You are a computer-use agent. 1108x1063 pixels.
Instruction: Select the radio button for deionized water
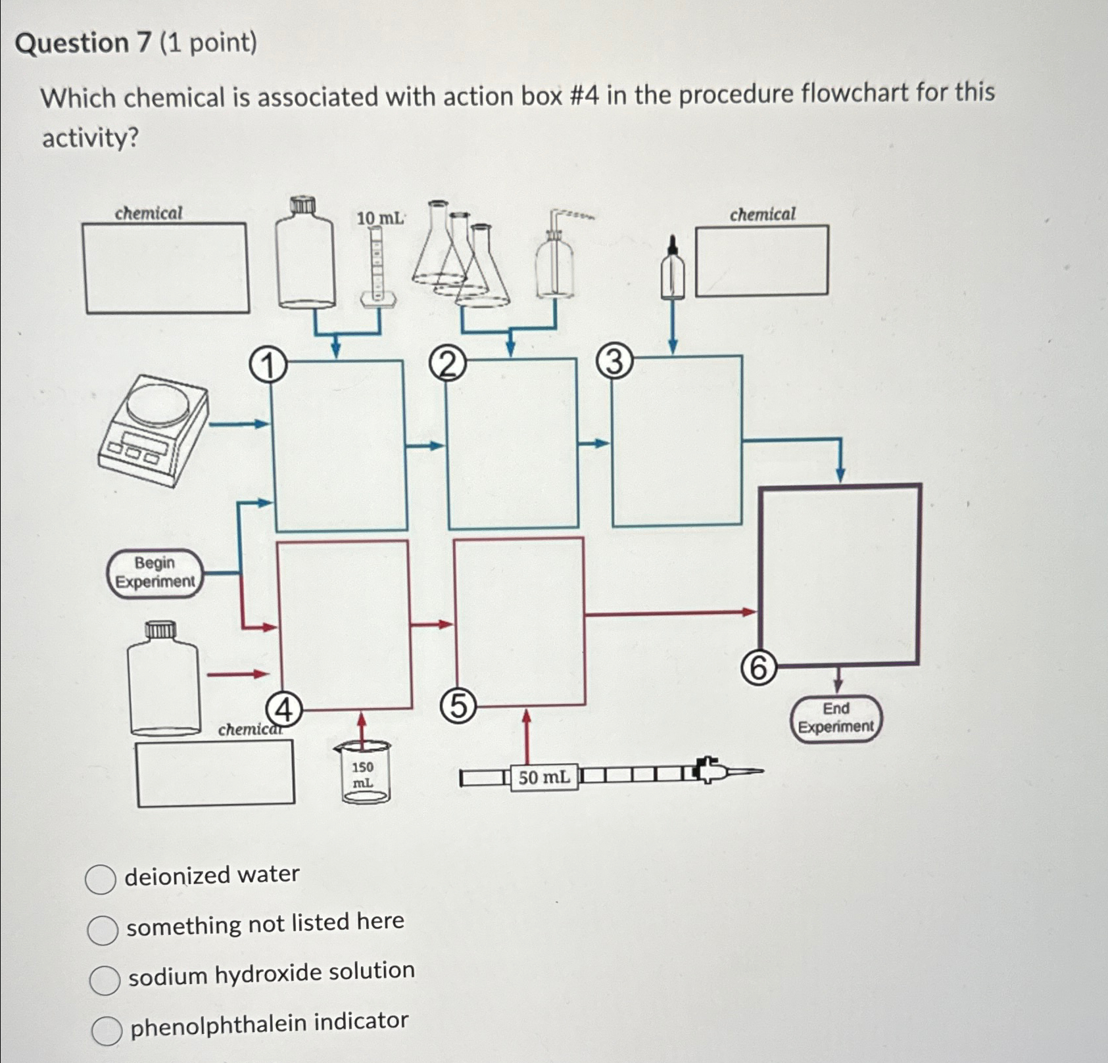pyautogui.click(x=101, y=880)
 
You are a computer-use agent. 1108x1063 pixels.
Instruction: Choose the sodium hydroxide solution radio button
pyautogui.click(x=105, y=980)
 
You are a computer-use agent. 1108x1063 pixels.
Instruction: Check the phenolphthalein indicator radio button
pyautogui.click(x=107, y=1030)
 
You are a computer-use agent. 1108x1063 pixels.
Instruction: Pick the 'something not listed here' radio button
pyautogui.click(x=103, y=930)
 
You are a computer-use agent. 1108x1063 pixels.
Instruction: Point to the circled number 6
pyautogui.click(x=758, y=669)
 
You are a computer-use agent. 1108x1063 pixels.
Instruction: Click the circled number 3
pyautogui.click(x=615, y=362)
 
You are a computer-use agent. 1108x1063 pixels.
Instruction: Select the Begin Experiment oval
pyautogui.click(x=155, y=573)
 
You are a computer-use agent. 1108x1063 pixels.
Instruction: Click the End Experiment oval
pyautogui.click(x=836, y=718)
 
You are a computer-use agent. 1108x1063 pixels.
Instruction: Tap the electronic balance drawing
pyautogui.click(x=154, y=430)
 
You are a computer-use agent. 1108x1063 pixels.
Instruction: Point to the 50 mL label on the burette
pyautogui.click(x=544, y=778)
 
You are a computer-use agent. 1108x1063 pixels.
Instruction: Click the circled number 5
pyautogui.click(x=458, y=707)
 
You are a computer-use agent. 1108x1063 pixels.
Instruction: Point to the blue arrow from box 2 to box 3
pyautogui.click(x=594, y=444)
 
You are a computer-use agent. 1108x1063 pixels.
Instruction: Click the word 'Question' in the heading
pyautogui.click(x=72, y=43)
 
